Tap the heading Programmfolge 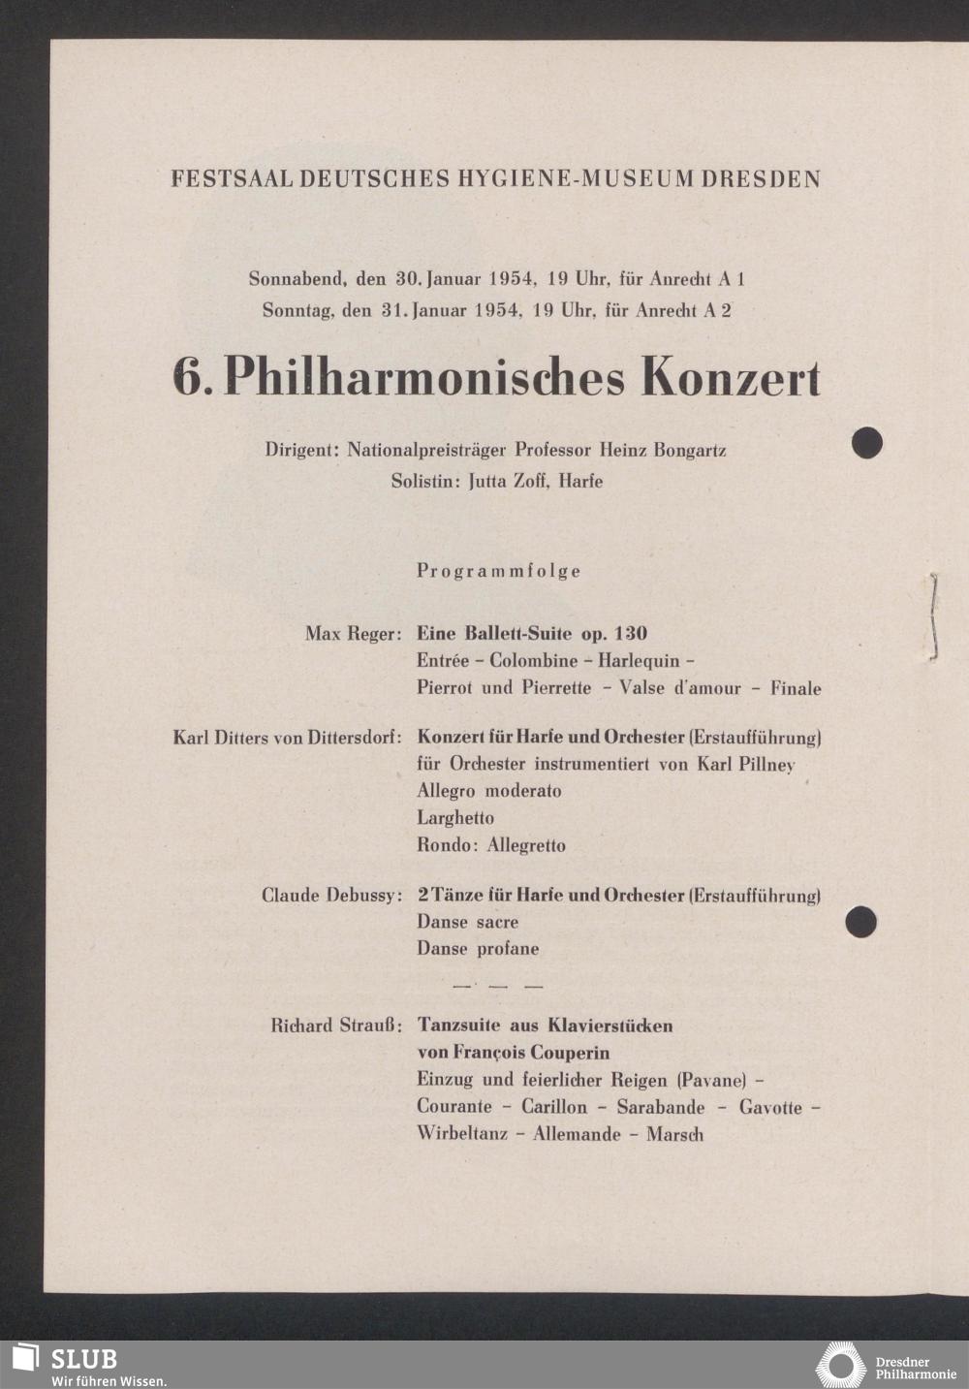tap(499, 571)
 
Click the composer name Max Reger tap(353, 634)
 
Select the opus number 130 tap(630, 634)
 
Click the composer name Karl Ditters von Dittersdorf tap(287, 738)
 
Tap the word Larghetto tap(455, 818)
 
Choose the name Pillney tap(766, 764)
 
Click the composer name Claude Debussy tap(331, 895)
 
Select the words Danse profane tap(478, 949)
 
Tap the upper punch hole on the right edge tap(866, 443)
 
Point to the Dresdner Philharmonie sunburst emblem tap(840, 1366)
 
